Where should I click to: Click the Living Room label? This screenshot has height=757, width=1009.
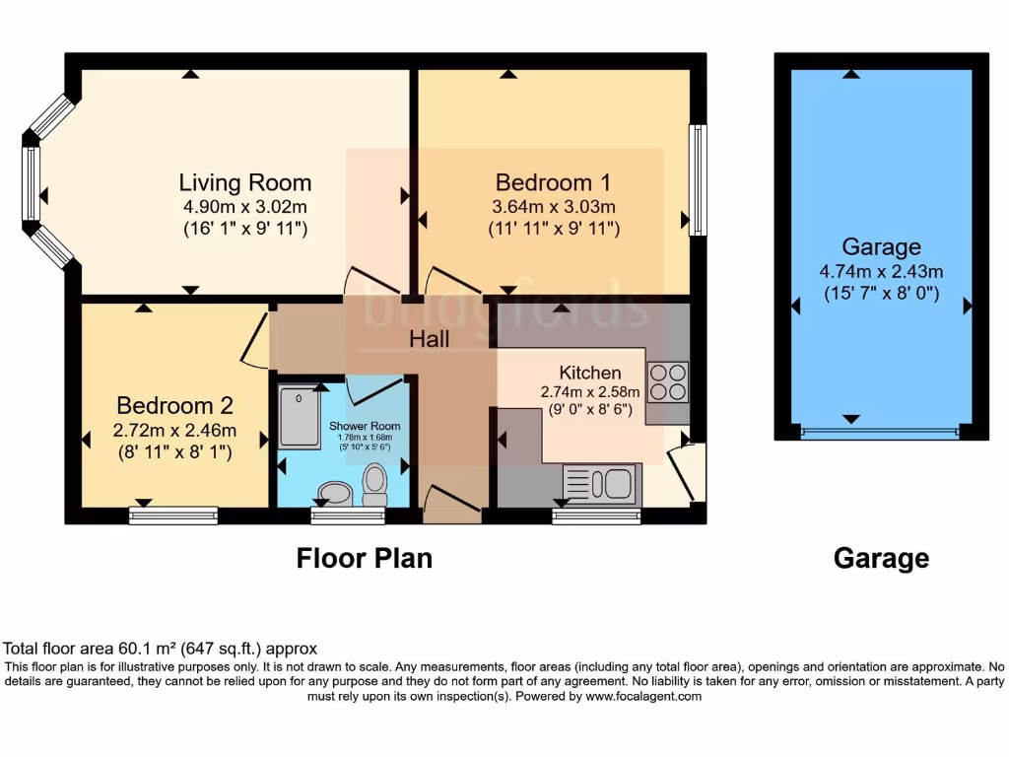click(244, 182)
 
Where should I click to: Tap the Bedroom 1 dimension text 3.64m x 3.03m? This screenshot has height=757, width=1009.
click(553, 207)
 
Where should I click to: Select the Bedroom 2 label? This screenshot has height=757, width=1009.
click(174, 405)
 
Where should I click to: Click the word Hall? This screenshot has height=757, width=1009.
click(430, 339)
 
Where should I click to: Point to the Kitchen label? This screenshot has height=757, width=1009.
click(590, 373)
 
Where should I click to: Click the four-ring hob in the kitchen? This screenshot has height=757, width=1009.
click(667, 381)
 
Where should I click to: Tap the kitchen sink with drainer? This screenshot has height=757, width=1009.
click(601, 484)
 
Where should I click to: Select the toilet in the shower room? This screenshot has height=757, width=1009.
click(374, 483)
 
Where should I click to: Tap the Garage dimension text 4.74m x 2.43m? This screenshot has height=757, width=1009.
click(881, 271)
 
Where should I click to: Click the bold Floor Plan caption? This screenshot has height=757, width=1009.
click(365, 559)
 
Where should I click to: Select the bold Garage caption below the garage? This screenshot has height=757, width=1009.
click(881, 559)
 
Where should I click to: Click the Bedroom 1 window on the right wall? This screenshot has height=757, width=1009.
click(698, 179)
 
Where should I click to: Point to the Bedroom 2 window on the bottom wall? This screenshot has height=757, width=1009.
click(173, 515)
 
